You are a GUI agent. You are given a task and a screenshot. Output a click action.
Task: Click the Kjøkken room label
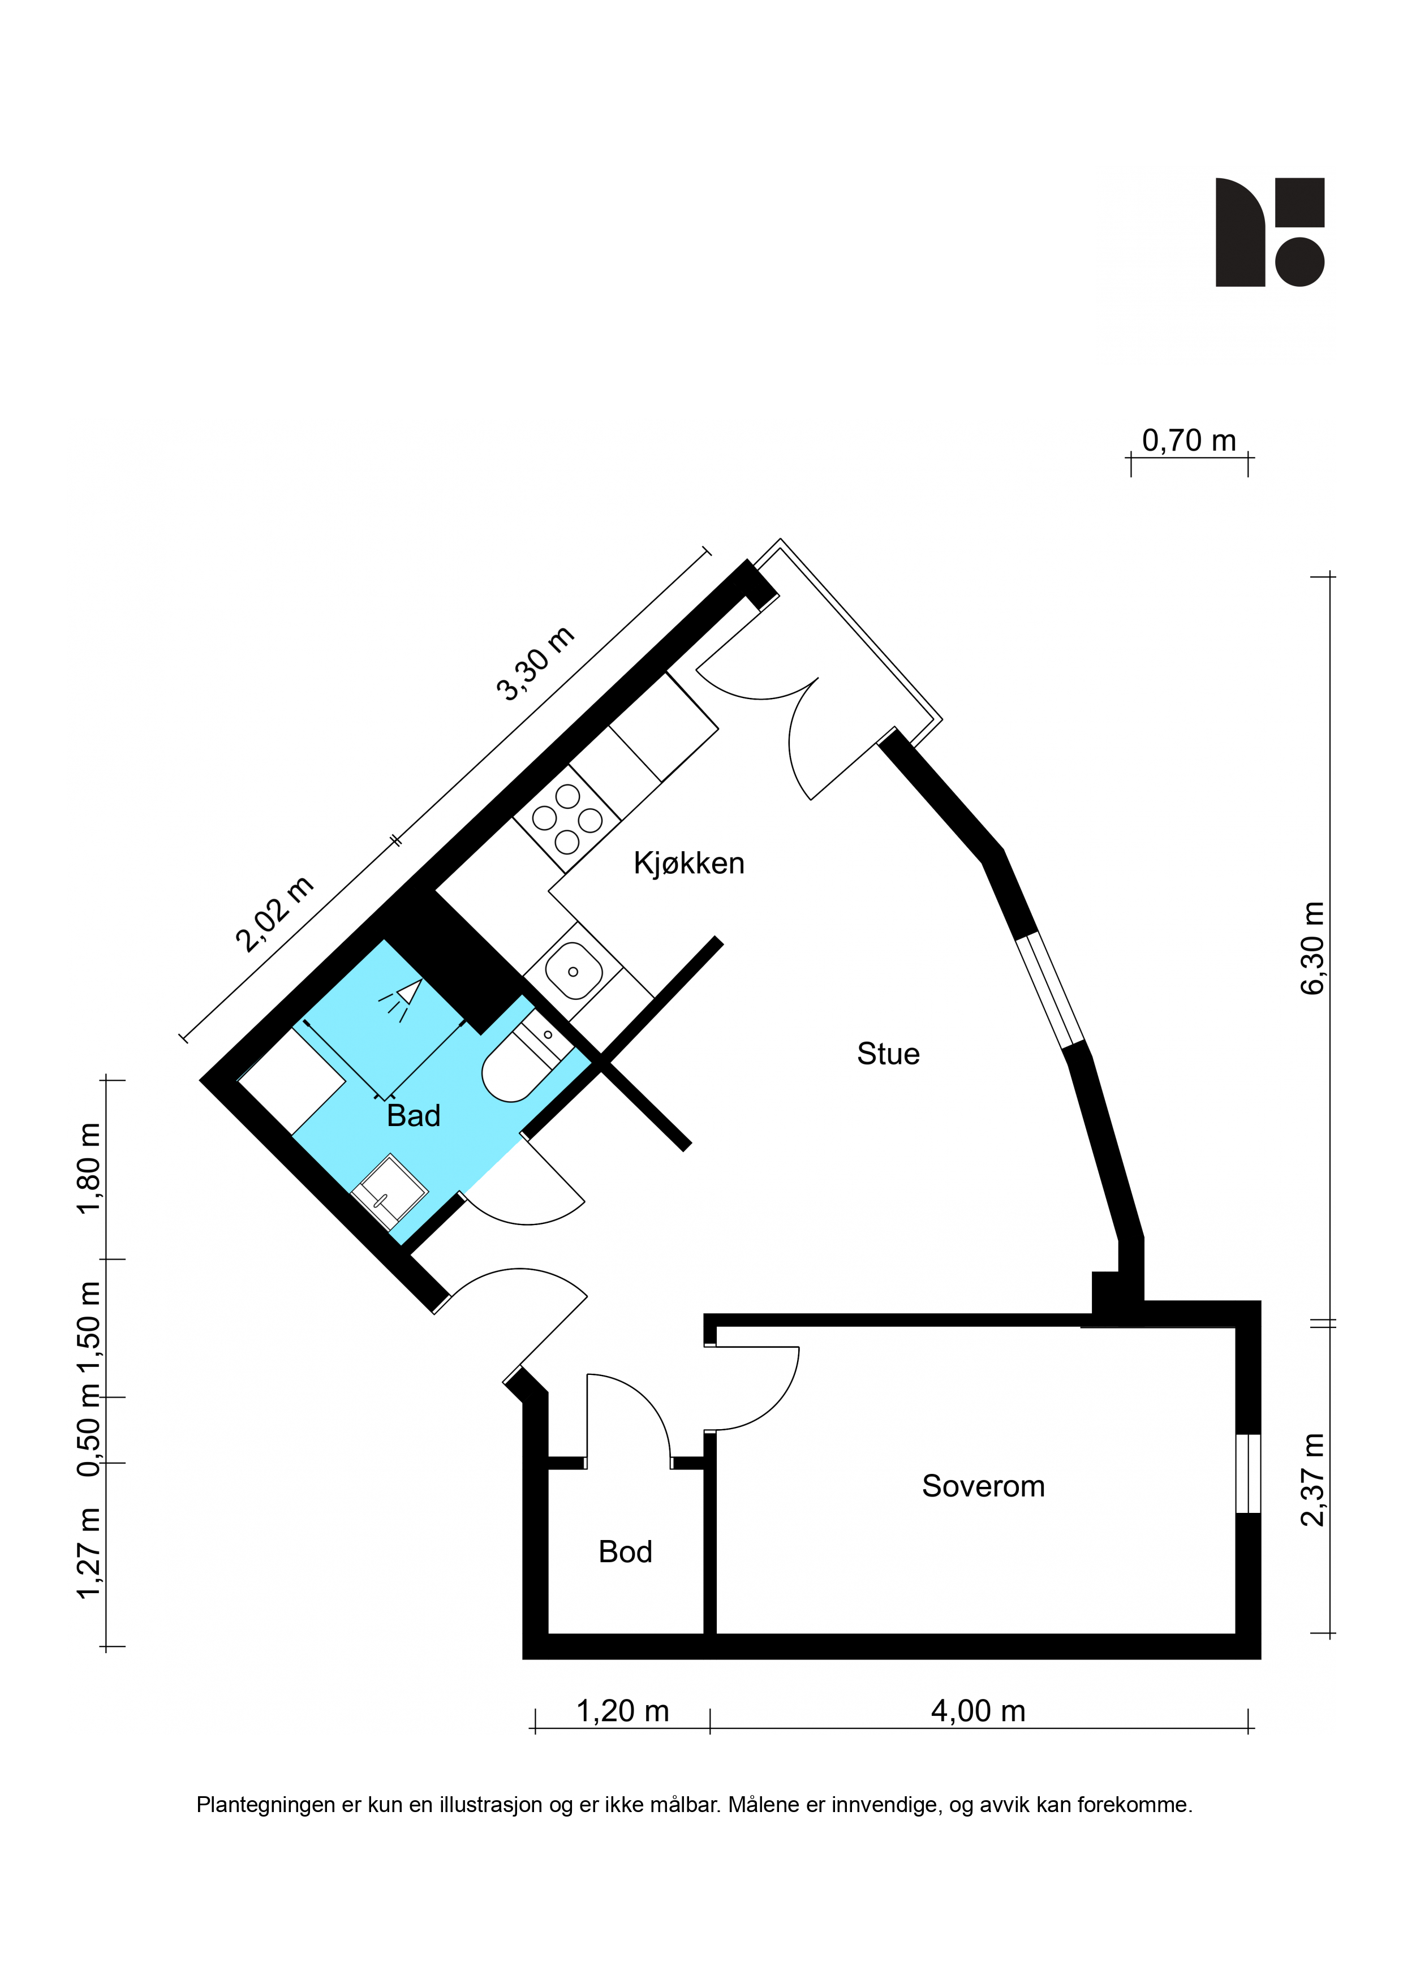click(689, 863)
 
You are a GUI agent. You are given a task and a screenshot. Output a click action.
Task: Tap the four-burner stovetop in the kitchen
click(567, 817)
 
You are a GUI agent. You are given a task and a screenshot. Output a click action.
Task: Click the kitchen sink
click(573, 971)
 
